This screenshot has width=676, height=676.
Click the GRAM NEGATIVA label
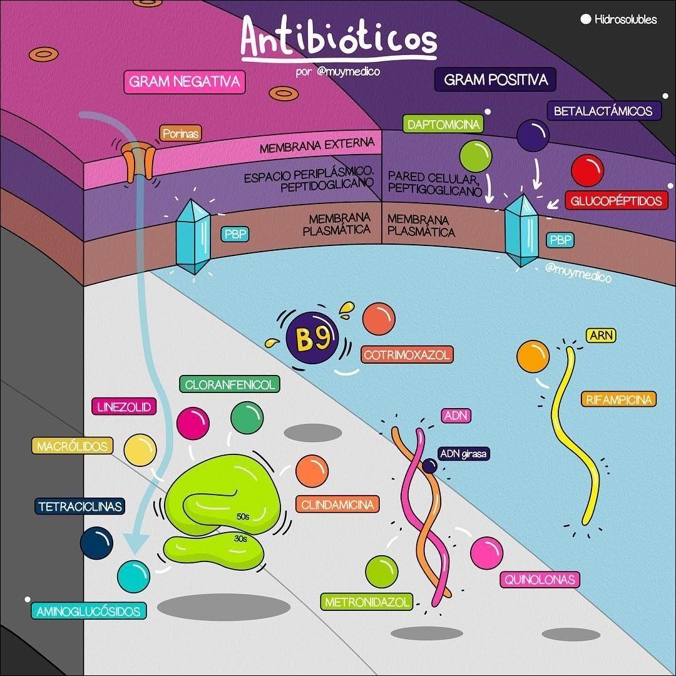185,81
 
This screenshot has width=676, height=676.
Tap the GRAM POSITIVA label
495,79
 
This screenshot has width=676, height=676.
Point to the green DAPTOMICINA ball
475,155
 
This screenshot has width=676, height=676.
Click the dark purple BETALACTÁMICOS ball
533,136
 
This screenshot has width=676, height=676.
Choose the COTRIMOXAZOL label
407,355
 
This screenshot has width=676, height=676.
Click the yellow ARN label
600,335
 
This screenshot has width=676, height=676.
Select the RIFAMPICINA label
619,399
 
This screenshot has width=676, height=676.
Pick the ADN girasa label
463,453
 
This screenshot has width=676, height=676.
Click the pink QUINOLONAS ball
486,553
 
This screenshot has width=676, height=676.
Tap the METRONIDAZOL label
367,602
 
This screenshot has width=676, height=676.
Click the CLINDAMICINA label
337,504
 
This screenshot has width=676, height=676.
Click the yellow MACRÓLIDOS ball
140,450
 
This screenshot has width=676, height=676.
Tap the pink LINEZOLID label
124,407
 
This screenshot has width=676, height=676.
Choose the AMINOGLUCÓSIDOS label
88,611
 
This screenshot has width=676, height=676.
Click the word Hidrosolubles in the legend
626,19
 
